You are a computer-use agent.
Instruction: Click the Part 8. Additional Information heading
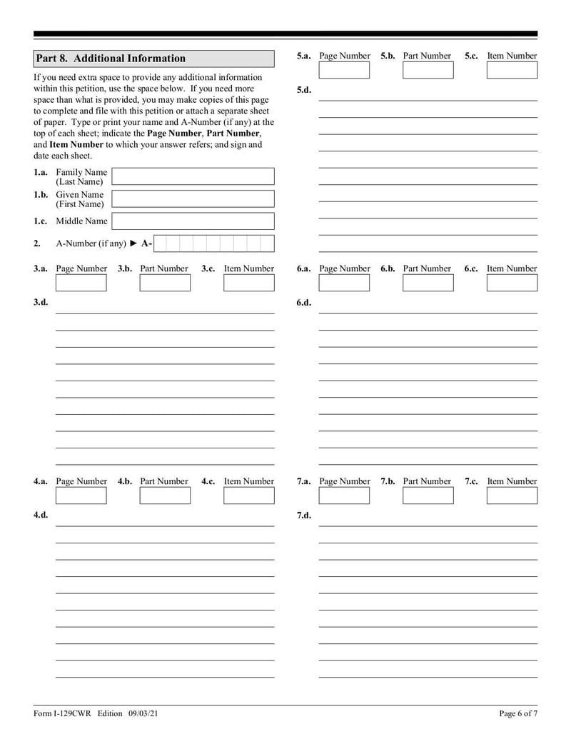(111, 59)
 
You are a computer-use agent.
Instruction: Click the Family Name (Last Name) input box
(193, 176)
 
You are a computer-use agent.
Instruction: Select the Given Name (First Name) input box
(193, 198)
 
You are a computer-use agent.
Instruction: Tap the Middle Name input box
(193, 221)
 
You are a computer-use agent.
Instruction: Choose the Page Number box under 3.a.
(81, 283)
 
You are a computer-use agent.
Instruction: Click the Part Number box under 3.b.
(165, 283)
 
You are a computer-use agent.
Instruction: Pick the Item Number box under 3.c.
(248, 283)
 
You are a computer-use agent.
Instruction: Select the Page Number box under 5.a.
(344, 70)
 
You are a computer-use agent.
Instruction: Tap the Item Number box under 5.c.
(512, 70)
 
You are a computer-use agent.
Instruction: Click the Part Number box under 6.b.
(428, 283)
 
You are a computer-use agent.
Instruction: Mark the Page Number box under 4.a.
(81, 496)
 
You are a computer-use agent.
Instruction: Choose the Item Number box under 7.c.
(512, 496)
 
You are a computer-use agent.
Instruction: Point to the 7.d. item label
(303, 516)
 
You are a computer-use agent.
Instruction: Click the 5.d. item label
(303, 90)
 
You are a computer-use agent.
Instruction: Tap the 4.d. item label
(41, 516)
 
